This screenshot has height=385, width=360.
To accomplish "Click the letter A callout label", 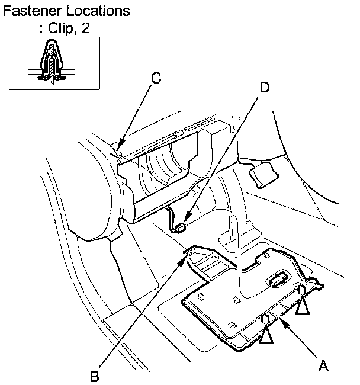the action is click(x=323, y=366).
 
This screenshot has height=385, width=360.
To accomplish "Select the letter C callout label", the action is click(x=156, y=78).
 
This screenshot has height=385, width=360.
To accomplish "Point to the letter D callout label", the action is click(x=264, y=87).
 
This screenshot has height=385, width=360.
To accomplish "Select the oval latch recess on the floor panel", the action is click(x=277, y=280).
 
